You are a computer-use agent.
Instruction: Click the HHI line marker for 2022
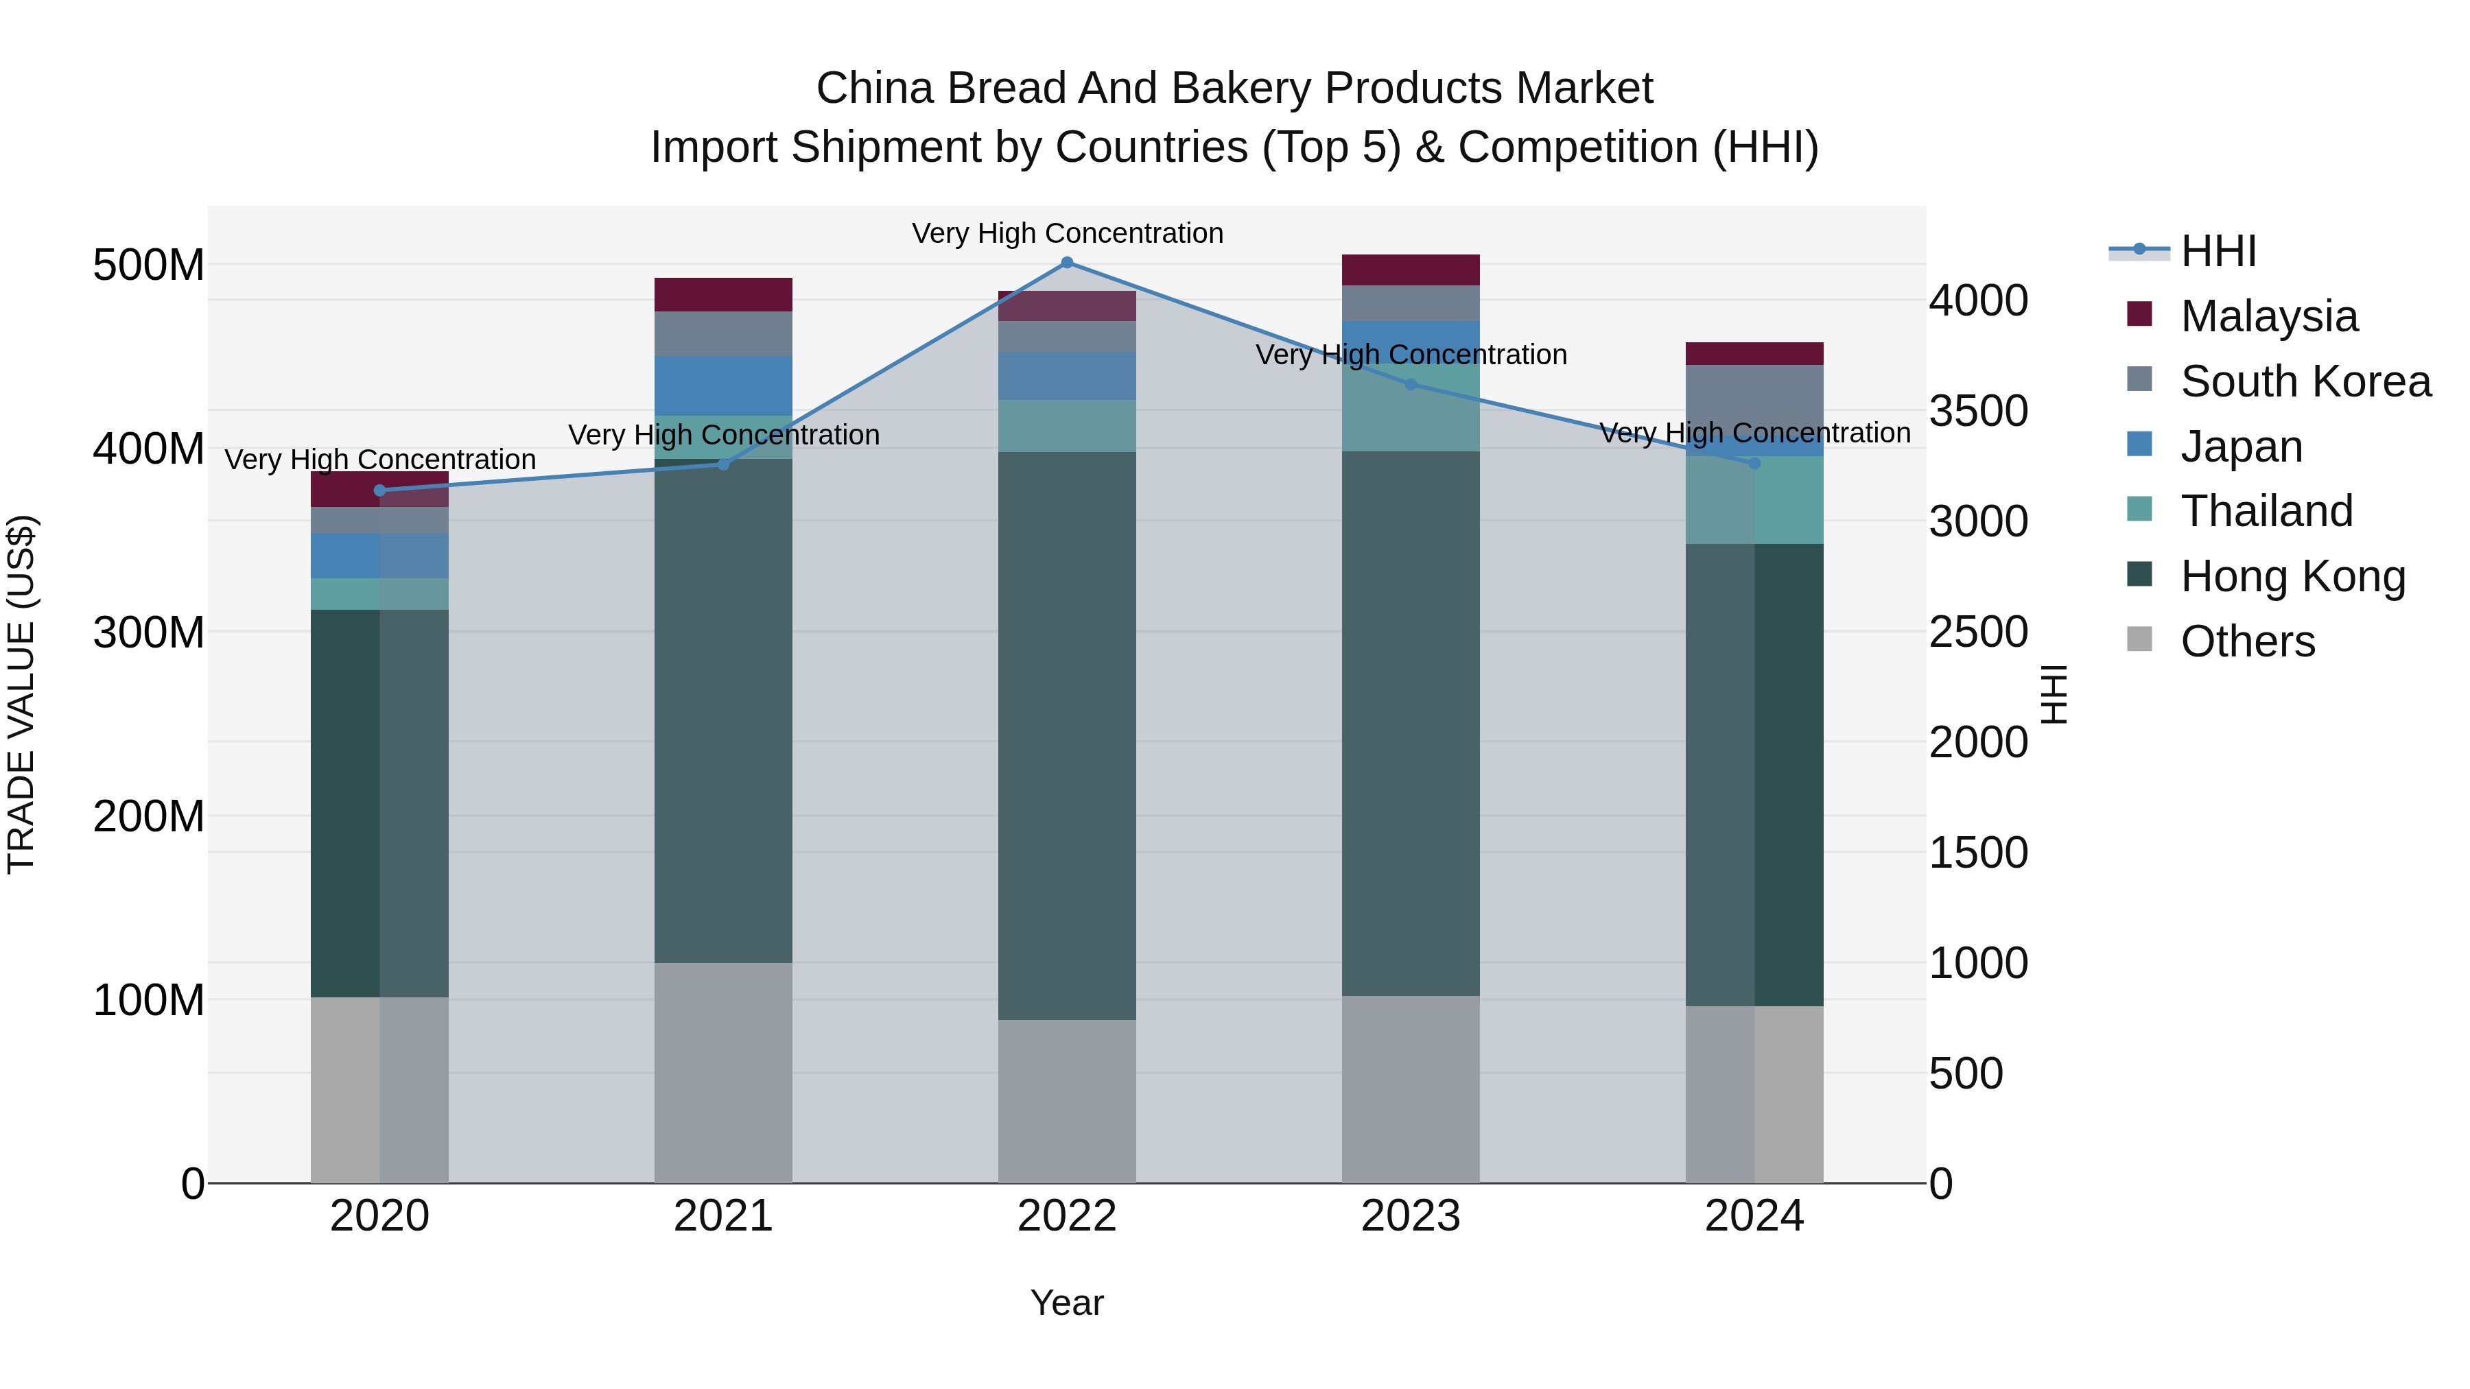[1066, 263]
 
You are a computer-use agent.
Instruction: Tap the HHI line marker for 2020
[379, 491]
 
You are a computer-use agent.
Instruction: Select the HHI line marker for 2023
[1411, 384]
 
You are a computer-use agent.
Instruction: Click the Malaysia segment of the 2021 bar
[723, 294]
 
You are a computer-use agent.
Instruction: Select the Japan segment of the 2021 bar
[723, 385]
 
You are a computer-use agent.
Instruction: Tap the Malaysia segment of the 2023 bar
[1411, 270]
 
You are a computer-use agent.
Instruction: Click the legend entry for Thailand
[2266, 511]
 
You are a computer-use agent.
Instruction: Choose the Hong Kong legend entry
[2292, 576]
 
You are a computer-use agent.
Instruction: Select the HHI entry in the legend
[2218, 251]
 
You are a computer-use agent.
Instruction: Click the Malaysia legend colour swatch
[2139, 314]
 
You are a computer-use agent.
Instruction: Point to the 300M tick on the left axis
[149, 632]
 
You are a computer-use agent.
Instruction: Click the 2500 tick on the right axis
[1977, 632]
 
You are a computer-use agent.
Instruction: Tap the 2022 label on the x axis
[1066, 1216]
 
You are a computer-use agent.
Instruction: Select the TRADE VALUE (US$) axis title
[21, 694]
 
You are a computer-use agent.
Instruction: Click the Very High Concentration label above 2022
[1066, 234]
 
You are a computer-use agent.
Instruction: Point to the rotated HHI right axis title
[2054, 694]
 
